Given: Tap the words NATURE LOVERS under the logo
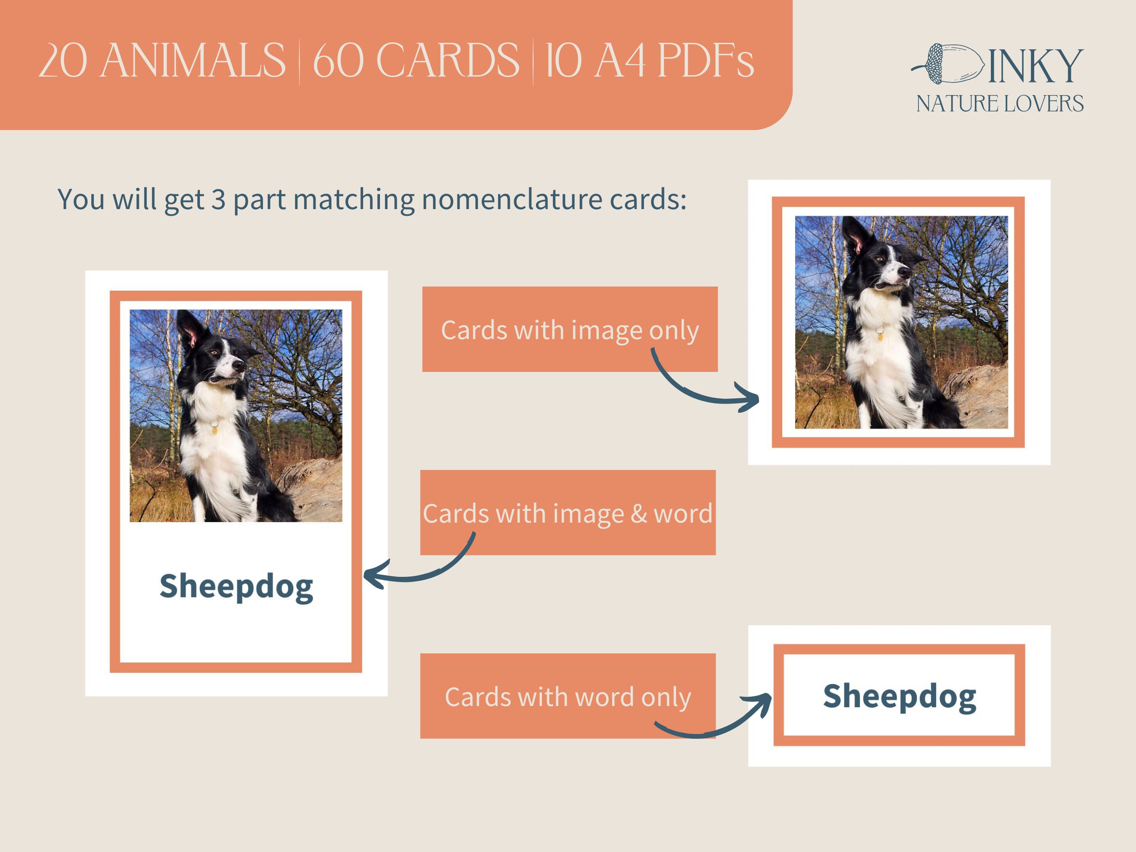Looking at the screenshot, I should [999, 104].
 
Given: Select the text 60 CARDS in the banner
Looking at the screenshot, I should [416, 61].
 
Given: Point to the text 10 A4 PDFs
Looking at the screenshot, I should [649, 61].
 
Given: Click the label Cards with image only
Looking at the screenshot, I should [570, 330].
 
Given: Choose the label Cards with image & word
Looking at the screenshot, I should [568, 513].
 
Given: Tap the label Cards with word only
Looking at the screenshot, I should [568, 697].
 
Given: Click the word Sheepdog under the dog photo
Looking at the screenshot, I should [236, 587].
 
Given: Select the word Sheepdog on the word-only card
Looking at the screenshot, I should [899, 697].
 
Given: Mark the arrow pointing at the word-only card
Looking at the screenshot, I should [719, 719].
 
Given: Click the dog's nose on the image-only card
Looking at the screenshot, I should [905, 272].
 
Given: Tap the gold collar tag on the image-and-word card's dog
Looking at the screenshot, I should [215, 427].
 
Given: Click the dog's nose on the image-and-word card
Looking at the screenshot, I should [239, 366].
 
